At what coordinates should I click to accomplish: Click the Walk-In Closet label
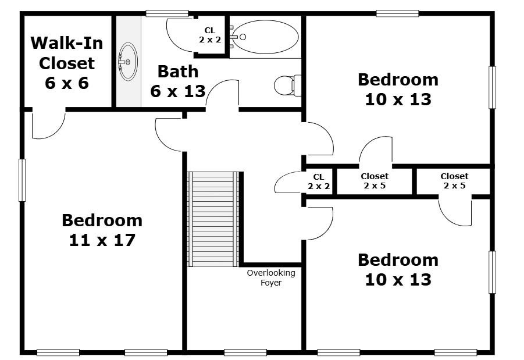pos(66,63)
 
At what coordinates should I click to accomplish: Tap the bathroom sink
pos(128,60)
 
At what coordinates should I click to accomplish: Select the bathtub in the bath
pos(265,37)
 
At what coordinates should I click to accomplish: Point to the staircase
pos(213,219)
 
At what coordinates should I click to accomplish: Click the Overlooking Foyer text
pos(270,277)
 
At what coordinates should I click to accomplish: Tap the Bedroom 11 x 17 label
pos(102,230)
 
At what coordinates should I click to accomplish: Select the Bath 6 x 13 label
pos(178,81)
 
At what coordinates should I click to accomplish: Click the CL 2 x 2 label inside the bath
pos(209,35)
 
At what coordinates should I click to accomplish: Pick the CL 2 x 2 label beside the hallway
pos(319,181)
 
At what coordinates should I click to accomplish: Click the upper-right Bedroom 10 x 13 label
pos(398,89)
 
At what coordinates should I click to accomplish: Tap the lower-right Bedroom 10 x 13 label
pos(398,269)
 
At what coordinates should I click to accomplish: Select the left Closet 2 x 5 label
pos(375,181)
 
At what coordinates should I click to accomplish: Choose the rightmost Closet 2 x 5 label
pos(454,181)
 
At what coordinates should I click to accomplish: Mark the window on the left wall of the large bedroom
pos(22,180)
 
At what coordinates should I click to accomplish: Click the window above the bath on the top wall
pos(167,13)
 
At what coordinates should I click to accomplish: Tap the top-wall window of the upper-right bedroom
pos(397,13)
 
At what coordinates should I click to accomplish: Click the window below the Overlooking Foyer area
pos(245,352)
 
